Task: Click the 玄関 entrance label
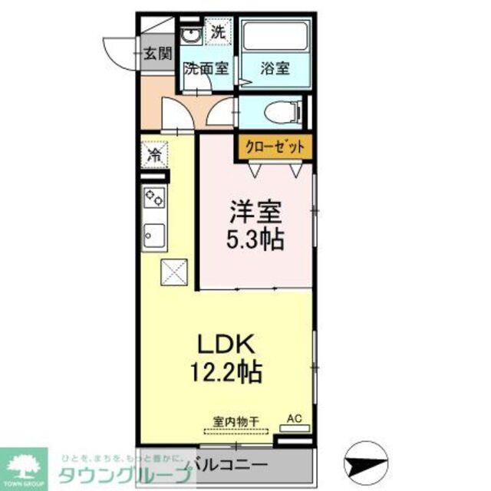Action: click(x=157, y=54)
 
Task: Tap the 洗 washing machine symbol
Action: click(x=219, y=33)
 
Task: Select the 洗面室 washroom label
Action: click(x=206, y=68)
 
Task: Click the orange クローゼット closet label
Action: click(x=275, y=147)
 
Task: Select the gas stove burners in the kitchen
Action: click(x=154, y=197)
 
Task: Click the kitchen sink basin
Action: click(x=154, y=236)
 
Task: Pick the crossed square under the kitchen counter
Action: click(x=173, y=271)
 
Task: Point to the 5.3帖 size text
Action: click(x=255, y=239)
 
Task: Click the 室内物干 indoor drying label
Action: click(x=236, y=420)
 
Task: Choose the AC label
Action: click(x=294, y=419)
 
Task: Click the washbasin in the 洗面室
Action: click(x=190, y=35)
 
